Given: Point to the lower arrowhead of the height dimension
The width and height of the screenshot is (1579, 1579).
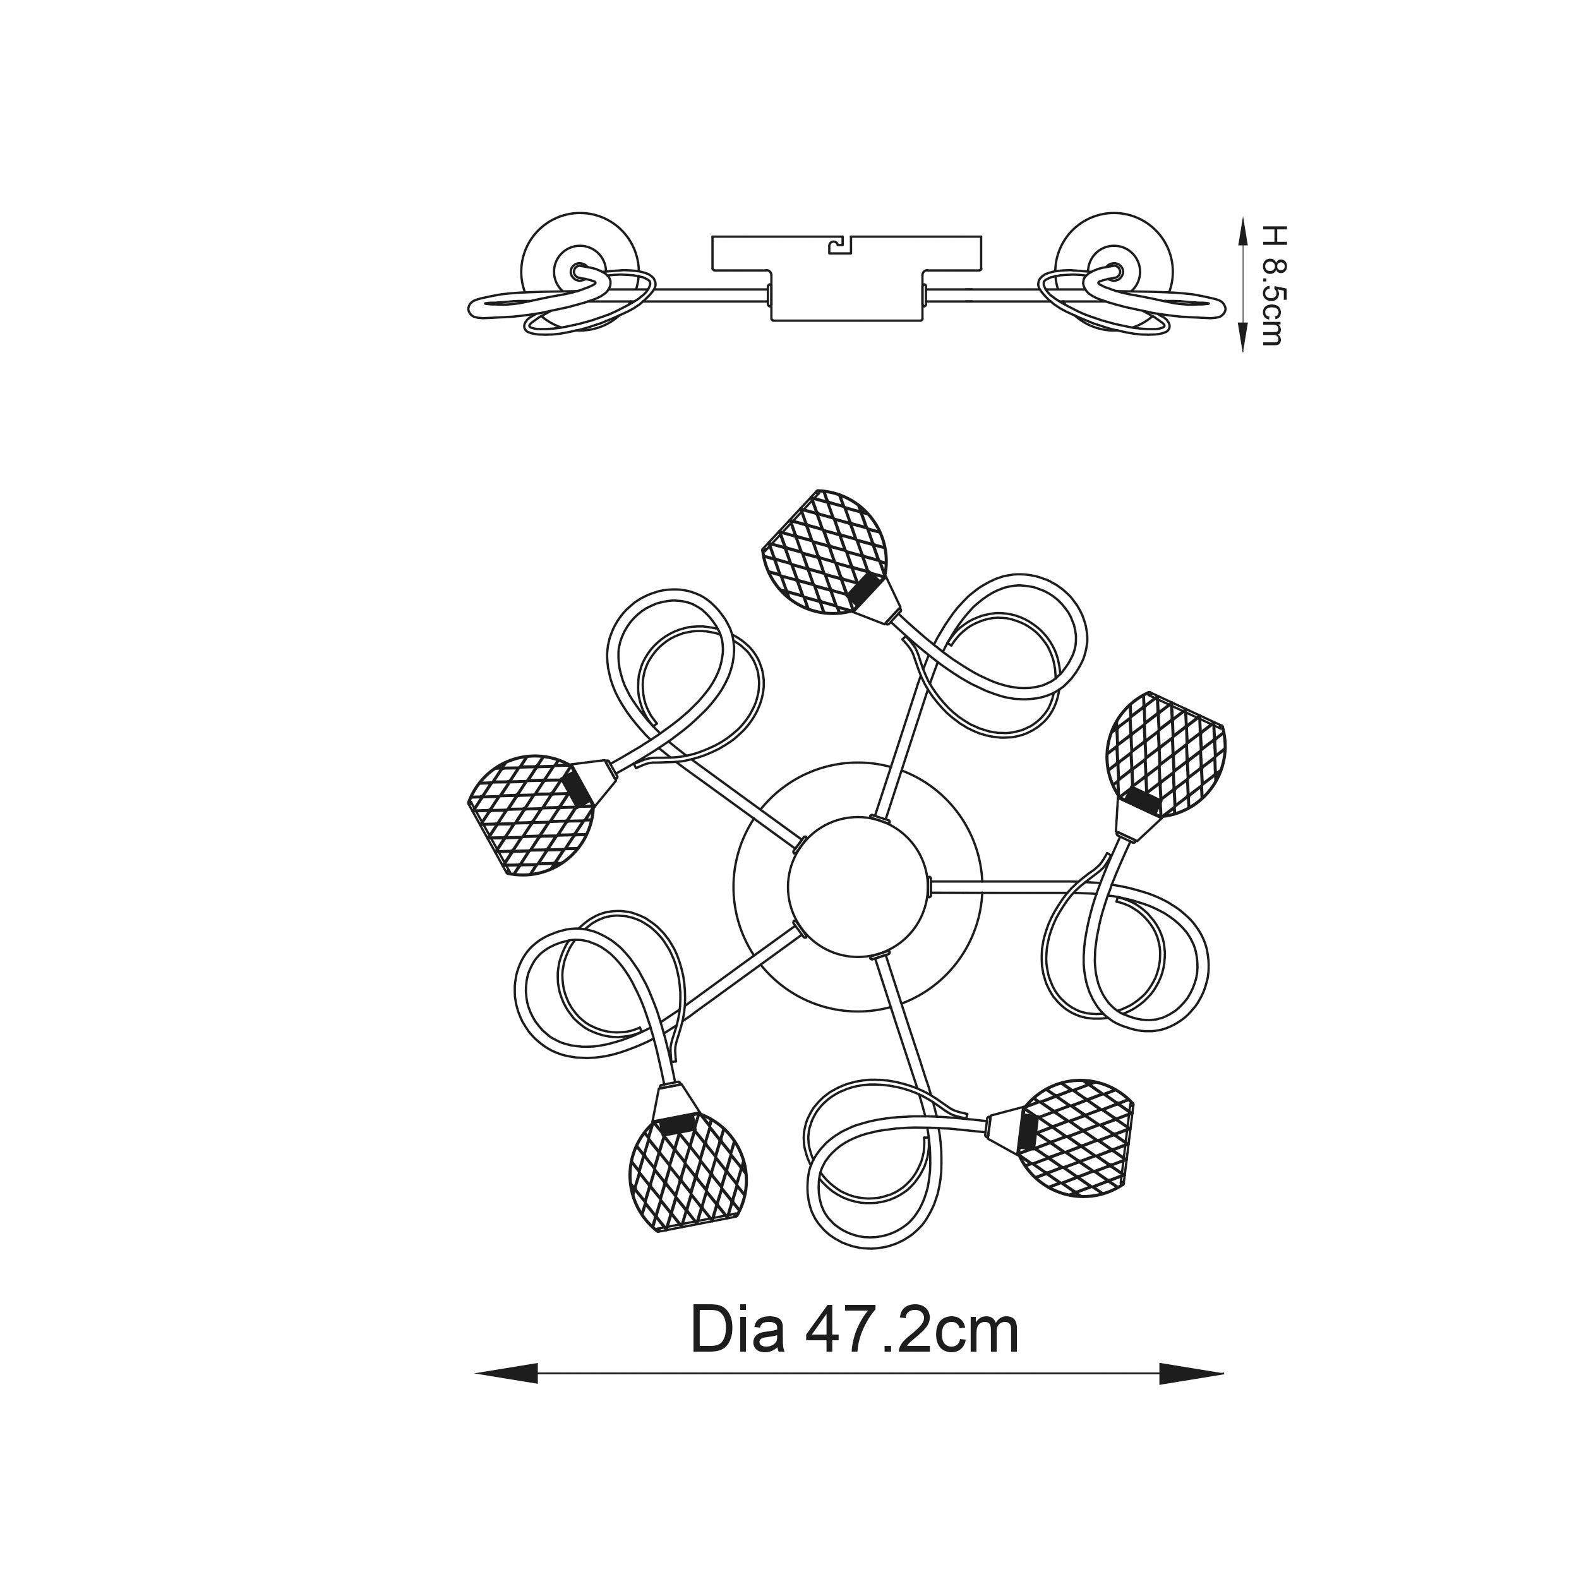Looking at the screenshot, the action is [x=1243, y=337].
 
